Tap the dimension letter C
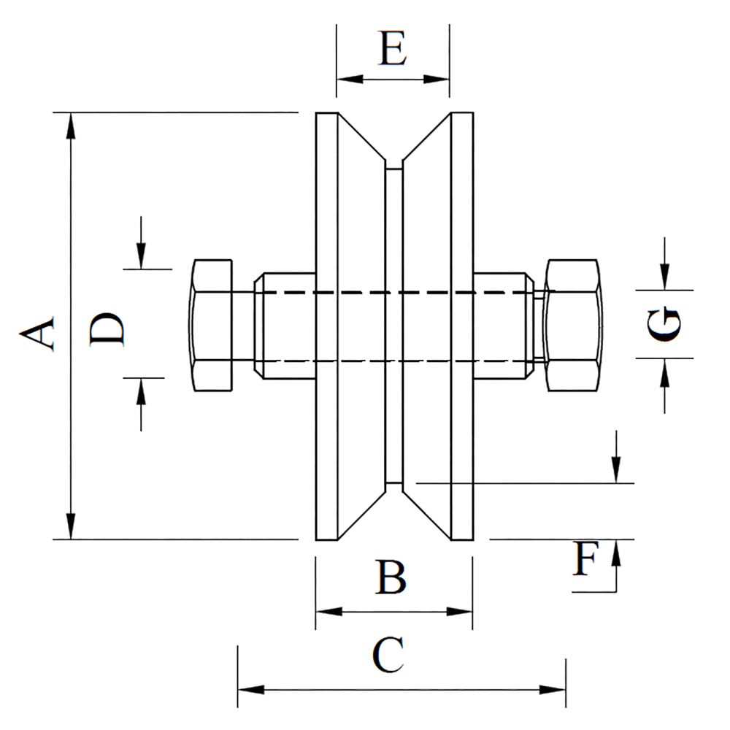388,655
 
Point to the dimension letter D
107,330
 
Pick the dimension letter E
392,49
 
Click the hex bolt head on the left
212,324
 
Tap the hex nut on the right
574,325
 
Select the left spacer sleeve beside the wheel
285,326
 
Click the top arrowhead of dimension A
71,124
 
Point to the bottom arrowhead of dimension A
71,527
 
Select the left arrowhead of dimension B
327,610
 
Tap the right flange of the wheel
462,326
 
